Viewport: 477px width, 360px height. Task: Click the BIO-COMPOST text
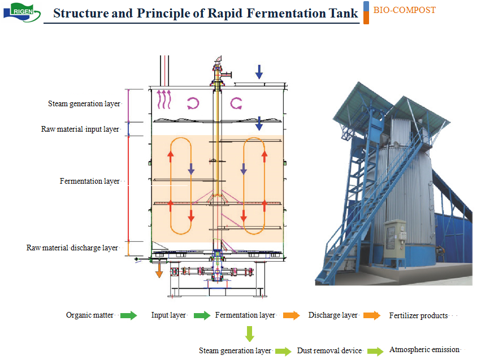tap(404, 10)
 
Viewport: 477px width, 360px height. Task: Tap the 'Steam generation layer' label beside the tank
tap(84, 104)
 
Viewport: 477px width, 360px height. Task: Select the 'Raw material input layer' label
tap(80, 129)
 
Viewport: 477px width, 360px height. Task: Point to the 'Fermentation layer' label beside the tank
tap(90, 181)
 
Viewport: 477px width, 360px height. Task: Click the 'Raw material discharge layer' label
tap(72, 248)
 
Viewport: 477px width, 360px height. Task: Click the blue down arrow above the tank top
tap(259, 72)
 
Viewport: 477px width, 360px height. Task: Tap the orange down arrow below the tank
tap(159, 270)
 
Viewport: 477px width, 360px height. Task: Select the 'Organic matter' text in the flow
tap(90, 315)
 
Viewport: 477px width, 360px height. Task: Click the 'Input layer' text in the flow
tap(168, 315)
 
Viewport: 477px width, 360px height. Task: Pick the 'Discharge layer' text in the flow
tap(333, 315)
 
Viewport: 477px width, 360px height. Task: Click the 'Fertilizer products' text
tap(418, 315)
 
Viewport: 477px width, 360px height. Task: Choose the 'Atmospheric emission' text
tap(424, 350)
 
